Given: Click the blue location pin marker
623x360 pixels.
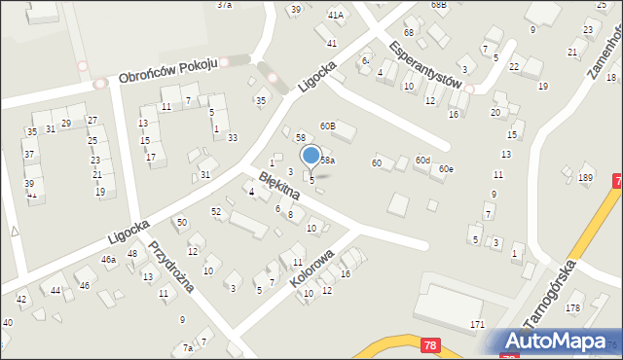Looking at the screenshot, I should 311,156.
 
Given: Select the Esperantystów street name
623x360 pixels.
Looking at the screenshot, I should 423,64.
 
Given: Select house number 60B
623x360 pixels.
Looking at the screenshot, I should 328,126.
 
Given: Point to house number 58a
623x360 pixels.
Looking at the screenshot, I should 327,160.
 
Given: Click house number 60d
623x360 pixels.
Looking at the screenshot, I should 422,160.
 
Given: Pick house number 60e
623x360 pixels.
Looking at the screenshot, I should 446,169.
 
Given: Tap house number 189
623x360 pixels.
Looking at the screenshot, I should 585,177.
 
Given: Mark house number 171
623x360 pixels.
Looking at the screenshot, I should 477,323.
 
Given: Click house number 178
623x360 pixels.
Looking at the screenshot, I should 572,307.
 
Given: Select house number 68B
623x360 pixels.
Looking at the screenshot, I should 439,5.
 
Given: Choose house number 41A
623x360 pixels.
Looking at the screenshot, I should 336,16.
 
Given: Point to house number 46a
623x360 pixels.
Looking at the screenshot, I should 109,260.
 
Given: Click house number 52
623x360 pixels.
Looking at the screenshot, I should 216,211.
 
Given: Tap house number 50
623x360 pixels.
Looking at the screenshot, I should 181,223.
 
